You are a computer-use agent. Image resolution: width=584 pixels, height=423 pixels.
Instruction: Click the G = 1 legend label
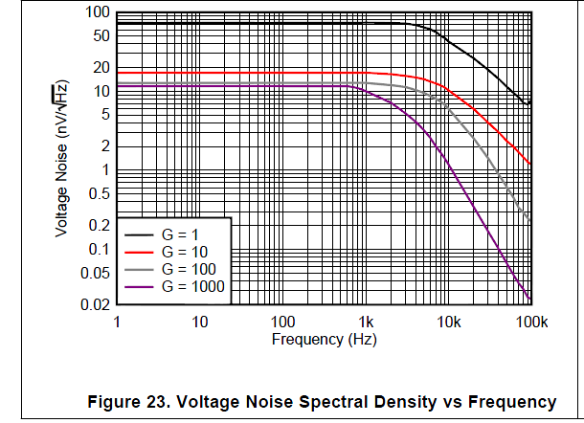(x=182, y=234)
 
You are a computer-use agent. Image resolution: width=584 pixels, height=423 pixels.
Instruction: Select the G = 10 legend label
(x=186, y=252)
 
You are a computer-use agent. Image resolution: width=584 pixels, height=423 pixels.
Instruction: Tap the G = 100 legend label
(x=190, y=269)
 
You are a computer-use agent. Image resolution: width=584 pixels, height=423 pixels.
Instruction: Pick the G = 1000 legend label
(x=193, y=286)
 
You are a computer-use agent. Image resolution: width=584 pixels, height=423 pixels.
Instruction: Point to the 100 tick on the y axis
(x=98, y=13)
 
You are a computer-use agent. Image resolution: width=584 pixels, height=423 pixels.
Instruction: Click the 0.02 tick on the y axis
(x=94, y=304)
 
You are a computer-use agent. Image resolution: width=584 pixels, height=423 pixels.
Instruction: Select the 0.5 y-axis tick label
(x=98, y=193)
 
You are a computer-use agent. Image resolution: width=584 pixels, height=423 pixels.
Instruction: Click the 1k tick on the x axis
(x=364, y=322)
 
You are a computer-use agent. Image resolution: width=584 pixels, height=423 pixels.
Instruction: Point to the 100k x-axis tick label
(x=531, y=322)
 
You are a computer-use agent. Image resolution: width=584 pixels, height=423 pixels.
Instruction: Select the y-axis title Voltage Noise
(x=60, y=159)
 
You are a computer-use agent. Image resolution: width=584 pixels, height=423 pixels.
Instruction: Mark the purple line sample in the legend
(x=139, y=286)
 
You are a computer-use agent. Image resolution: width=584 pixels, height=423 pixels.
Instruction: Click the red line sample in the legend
(x=139, y=252)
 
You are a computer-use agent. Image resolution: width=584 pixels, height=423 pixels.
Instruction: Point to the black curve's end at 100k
(x=530, y=103)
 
